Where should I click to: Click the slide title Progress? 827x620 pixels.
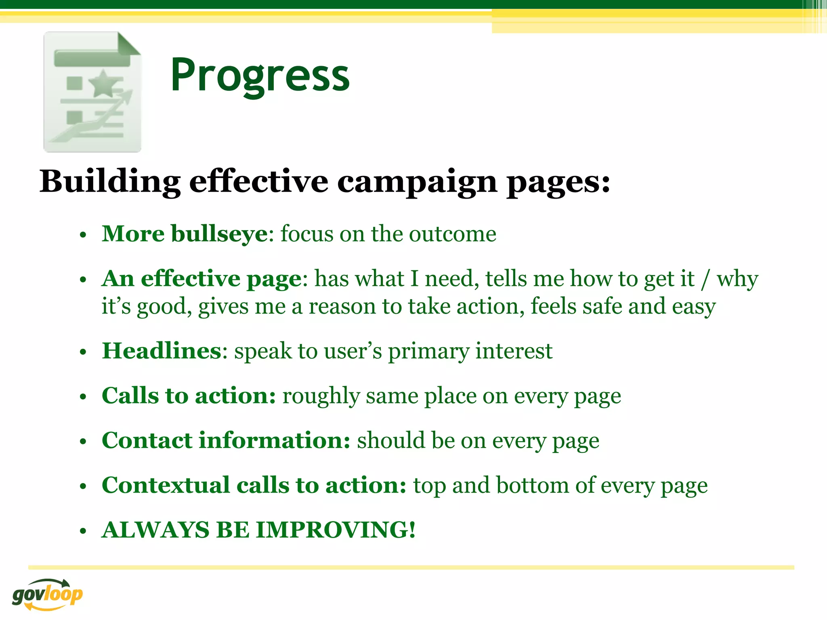(x=260, y=75)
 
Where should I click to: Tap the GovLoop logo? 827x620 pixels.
(x=47, y=594)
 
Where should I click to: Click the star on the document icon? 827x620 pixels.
(x=104, y=84)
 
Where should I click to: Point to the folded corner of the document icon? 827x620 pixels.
(x=129, y=44)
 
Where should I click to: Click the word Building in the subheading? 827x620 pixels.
(x=110, y=182)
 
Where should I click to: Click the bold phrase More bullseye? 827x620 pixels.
(x=185, y=234)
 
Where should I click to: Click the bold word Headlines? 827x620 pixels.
(x=162, y=351)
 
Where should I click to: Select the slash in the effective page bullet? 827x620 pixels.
(x=705, y=279)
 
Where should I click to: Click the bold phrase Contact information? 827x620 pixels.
(x=225, y=440)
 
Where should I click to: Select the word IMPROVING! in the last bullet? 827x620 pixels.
(x=336, y=530)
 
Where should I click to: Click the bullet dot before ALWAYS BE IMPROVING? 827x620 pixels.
(x=83, y=531)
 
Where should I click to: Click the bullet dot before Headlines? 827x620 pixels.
(x=83, y=352)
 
